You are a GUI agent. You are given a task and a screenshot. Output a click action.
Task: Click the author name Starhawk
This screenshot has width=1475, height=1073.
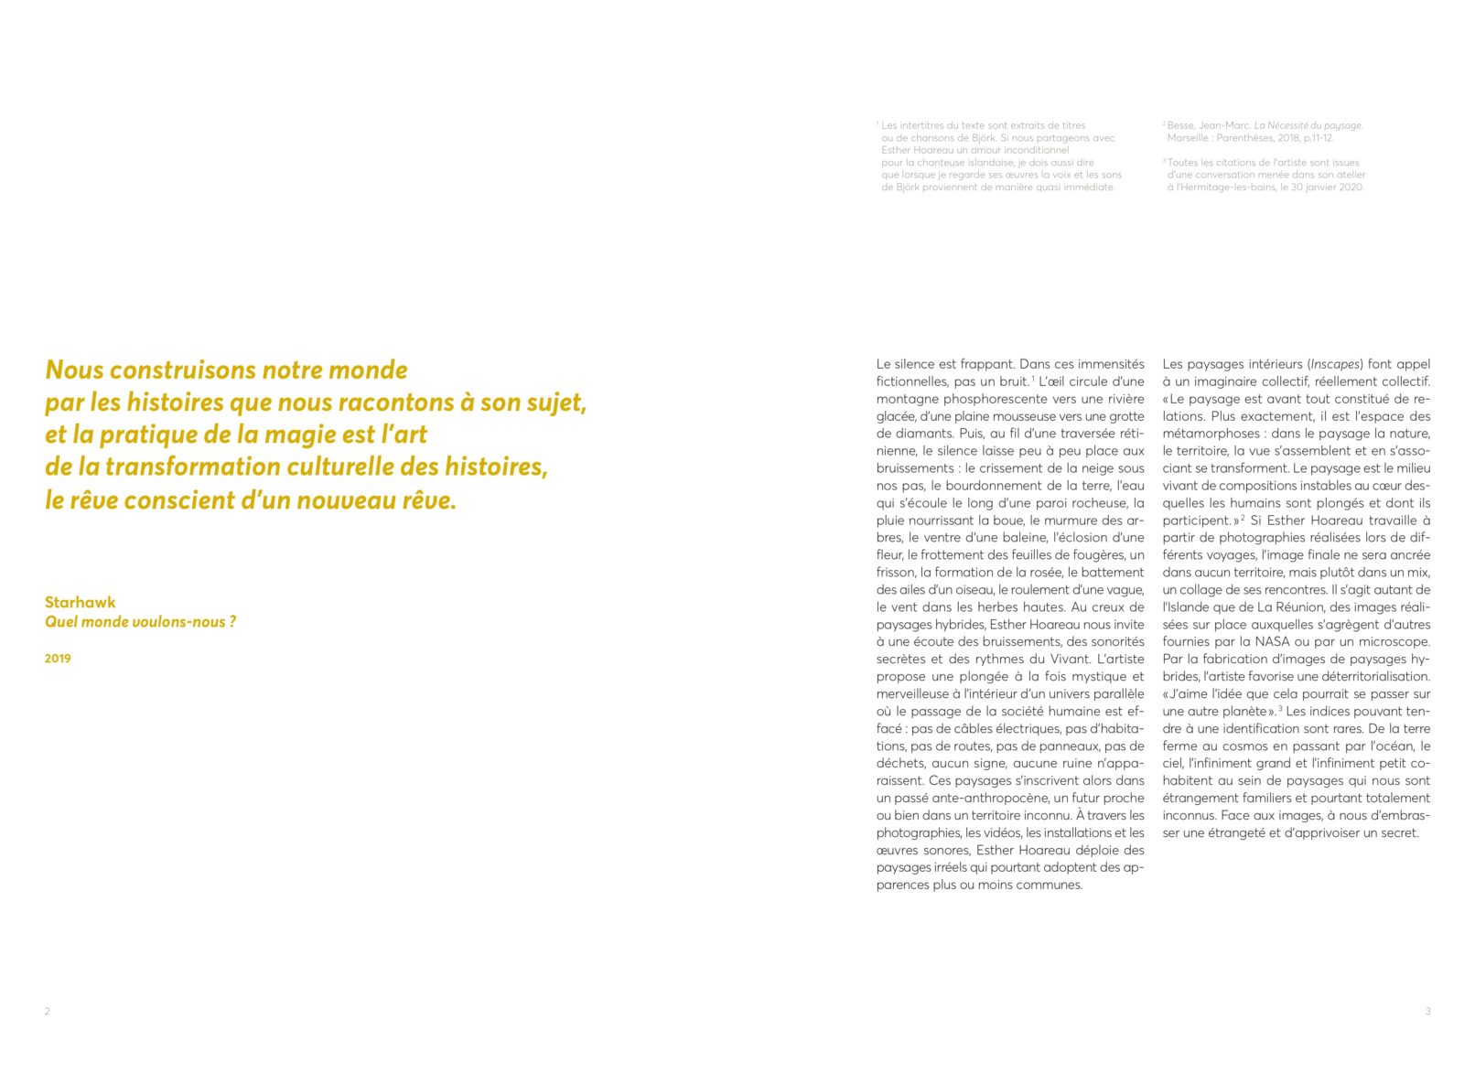[81, 602]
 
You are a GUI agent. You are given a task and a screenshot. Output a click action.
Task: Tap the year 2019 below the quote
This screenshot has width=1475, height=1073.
[58, 659]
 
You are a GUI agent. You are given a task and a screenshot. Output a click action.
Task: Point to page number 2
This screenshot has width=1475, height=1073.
[48, 1012]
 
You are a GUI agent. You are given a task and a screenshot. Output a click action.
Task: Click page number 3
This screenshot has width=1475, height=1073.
[1427, 1012]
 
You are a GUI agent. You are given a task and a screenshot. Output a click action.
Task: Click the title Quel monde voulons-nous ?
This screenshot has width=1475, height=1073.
[140, 622]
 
